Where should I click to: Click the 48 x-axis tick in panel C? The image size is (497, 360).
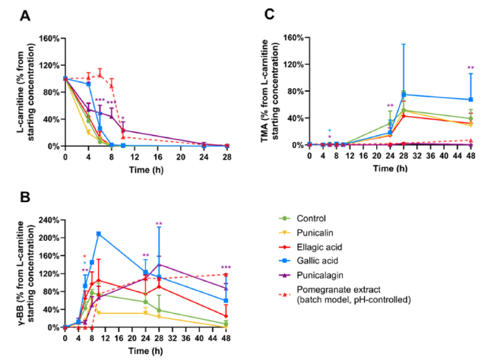[471, 155]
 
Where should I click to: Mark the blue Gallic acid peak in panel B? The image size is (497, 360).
[99, 233]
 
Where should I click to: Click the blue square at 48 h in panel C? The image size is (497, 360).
[471, 99]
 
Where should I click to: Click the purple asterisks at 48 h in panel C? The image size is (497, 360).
[471, 68]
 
